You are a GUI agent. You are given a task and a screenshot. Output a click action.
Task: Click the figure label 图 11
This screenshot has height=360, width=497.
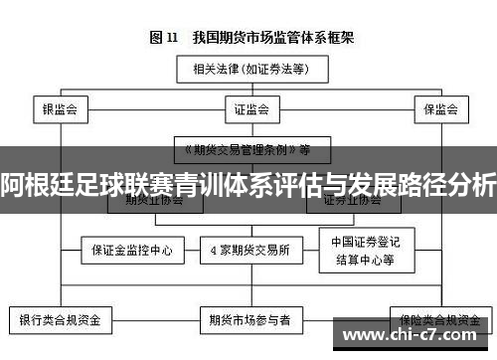tap(163, 38)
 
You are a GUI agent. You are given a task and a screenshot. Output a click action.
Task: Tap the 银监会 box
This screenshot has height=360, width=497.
tap(60, 108)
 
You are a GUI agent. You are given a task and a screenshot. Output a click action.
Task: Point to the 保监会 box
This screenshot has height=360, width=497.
tap(438, 108)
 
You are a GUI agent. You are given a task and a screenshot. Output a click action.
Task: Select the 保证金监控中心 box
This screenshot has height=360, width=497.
tap(132, 251)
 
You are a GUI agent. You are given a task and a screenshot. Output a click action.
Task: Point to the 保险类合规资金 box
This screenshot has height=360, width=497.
tap(436, 320)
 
